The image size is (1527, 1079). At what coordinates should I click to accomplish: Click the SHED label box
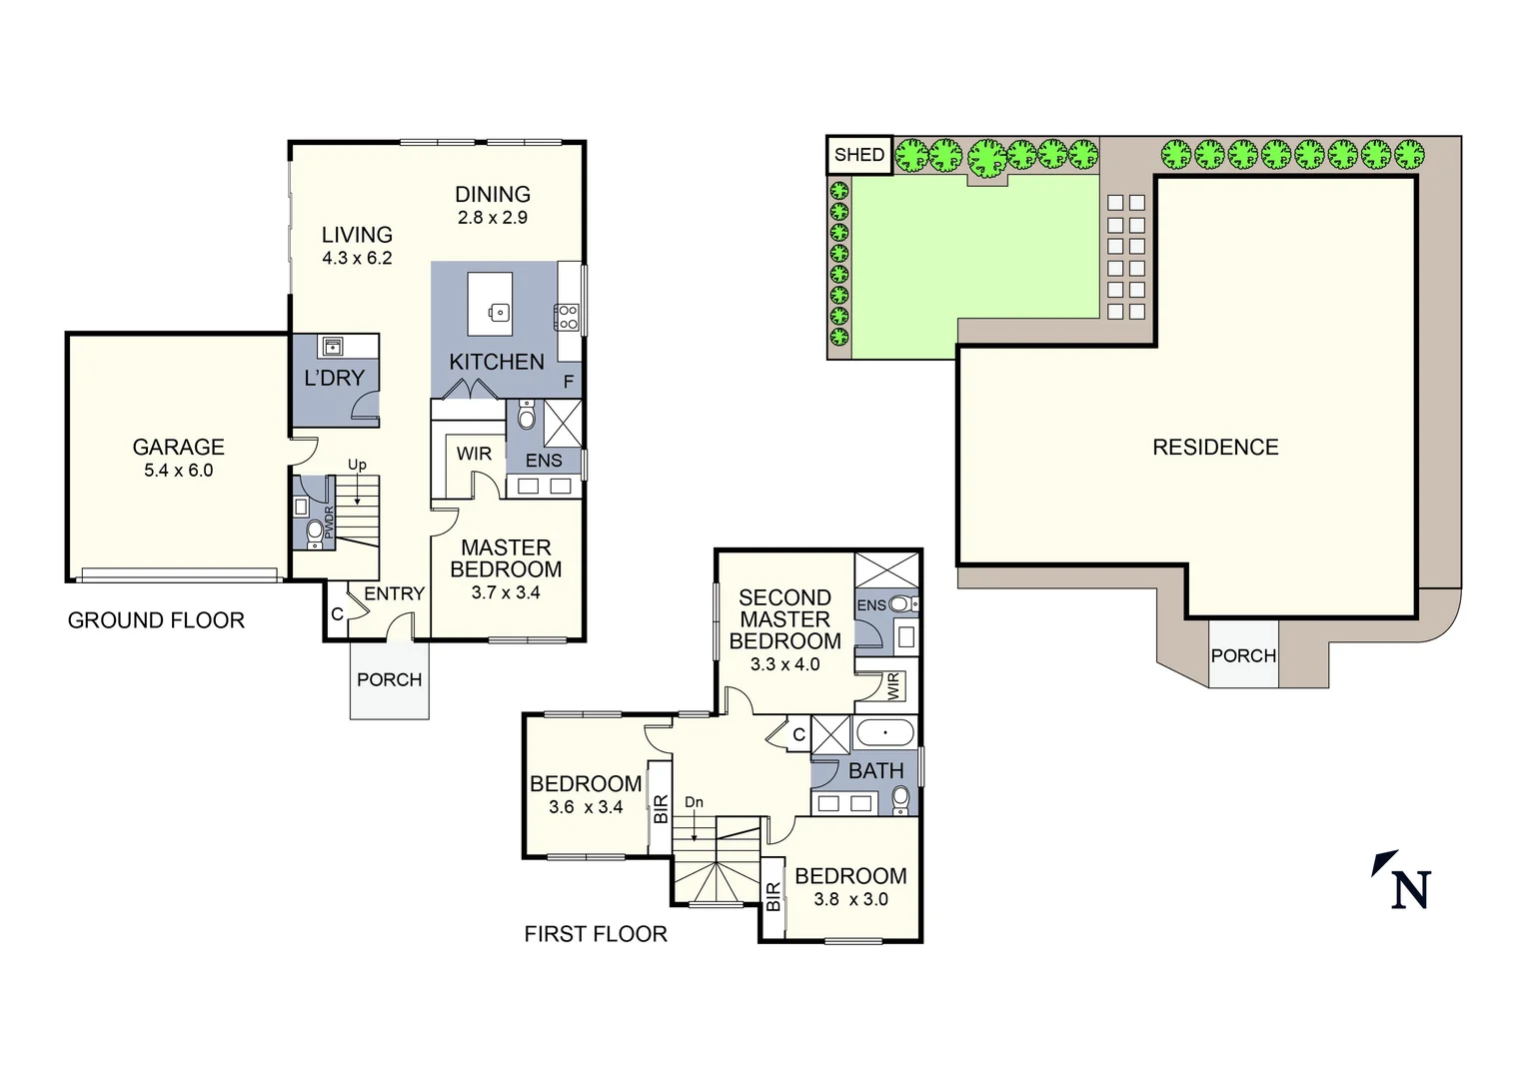(x=858, y=155)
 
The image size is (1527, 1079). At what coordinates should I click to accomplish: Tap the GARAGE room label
(x=178, y=448)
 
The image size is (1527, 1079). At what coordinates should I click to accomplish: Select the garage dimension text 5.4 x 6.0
(x=178, y=471)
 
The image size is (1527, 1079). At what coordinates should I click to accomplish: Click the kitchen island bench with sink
(x=491, y=305)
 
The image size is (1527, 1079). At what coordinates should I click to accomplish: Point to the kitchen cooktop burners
(x=568, y=318)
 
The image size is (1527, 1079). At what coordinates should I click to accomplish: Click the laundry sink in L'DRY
(x=332, y=347)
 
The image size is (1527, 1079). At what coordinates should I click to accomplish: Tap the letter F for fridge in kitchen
(x=569, y=382)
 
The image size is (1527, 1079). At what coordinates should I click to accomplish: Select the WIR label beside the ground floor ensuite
(x=474, y=454)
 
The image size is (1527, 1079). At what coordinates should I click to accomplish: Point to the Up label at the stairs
(x=357, y=465)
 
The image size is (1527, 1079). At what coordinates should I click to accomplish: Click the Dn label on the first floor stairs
(x=694, y=802)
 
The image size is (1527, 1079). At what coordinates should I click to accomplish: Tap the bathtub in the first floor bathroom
(x=884, y=733)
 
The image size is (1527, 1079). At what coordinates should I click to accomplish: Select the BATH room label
(x=875, y=771)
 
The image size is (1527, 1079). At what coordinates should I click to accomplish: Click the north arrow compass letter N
(x=1410, y=889)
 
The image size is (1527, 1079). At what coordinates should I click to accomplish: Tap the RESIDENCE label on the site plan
(x=1215, y=448)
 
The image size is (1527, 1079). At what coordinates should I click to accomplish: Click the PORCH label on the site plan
(x=1243, y=656)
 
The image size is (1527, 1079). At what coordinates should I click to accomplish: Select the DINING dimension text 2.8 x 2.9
(x=492, y=218)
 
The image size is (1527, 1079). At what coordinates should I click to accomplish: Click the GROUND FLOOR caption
(x=156, y=620)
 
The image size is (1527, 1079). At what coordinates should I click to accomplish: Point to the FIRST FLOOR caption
(x=596, y=934)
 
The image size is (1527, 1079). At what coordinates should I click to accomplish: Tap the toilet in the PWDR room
(x=315, y=530)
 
